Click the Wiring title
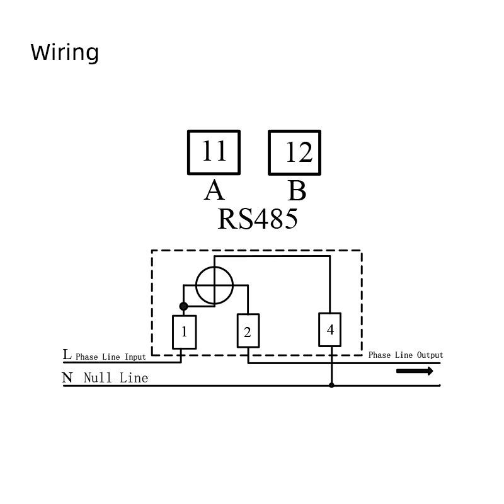click(65, 52)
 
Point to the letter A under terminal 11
click(214, 190)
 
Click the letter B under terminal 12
click(297, 190)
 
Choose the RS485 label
click(258, 219)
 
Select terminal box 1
click(185, 332)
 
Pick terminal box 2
click(248, 331)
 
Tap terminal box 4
click(329, 329)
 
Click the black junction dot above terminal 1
click(183, 306)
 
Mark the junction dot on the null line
click(331, 385)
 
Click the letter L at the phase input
click(67, 355)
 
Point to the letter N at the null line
click(67, 377)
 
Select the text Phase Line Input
click(111, 357)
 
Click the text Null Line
click(116, 377)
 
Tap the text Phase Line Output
click(406, 355)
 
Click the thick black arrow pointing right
click(415, 371)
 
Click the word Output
click(430, 355)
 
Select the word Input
click(135, 357)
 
